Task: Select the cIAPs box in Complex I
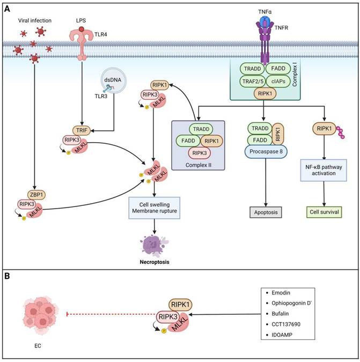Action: pos(280,82)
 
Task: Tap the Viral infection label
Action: pos(35,20)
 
